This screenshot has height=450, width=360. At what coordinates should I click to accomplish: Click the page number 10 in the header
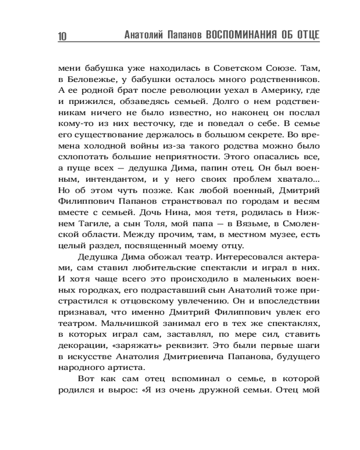click(x=62, y=36)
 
